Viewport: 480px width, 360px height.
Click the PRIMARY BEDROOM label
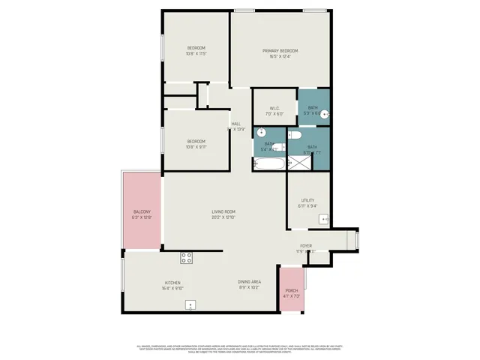point(280,51)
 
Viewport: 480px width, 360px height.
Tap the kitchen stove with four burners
point(187,259)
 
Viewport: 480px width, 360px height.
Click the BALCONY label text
point(142,212)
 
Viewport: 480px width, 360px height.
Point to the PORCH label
point(291,291)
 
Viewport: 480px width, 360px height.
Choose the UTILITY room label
point(307,201)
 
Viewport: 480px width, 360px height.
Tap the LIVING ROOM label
point(223,212)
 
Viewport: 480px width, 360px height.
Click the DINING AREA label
point(250,281)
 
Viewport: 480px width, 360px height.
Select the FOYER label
point(306,246)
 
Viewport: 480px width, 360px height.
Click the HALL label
point(235,124)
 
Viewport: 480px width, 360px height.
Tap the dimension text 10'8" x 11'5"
point(196,54)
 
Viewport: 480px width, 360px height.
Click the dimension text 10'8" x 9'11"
point(196,147)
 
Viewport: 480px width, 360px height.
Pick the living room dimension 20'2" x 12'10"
point(223,217)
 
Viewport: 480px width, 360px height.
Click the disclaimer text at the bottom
point(240,349)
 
